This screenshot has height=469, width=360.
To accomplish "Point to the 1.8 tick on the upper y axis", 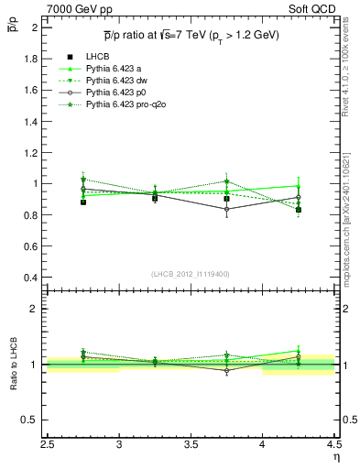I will [x=33, y=59].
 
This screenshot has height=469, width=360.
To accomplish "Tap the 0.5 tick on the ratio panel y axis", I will [x=33, y=420].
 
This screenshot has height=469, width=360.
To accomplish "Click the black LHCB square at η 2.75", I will [x=83, y=202].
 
